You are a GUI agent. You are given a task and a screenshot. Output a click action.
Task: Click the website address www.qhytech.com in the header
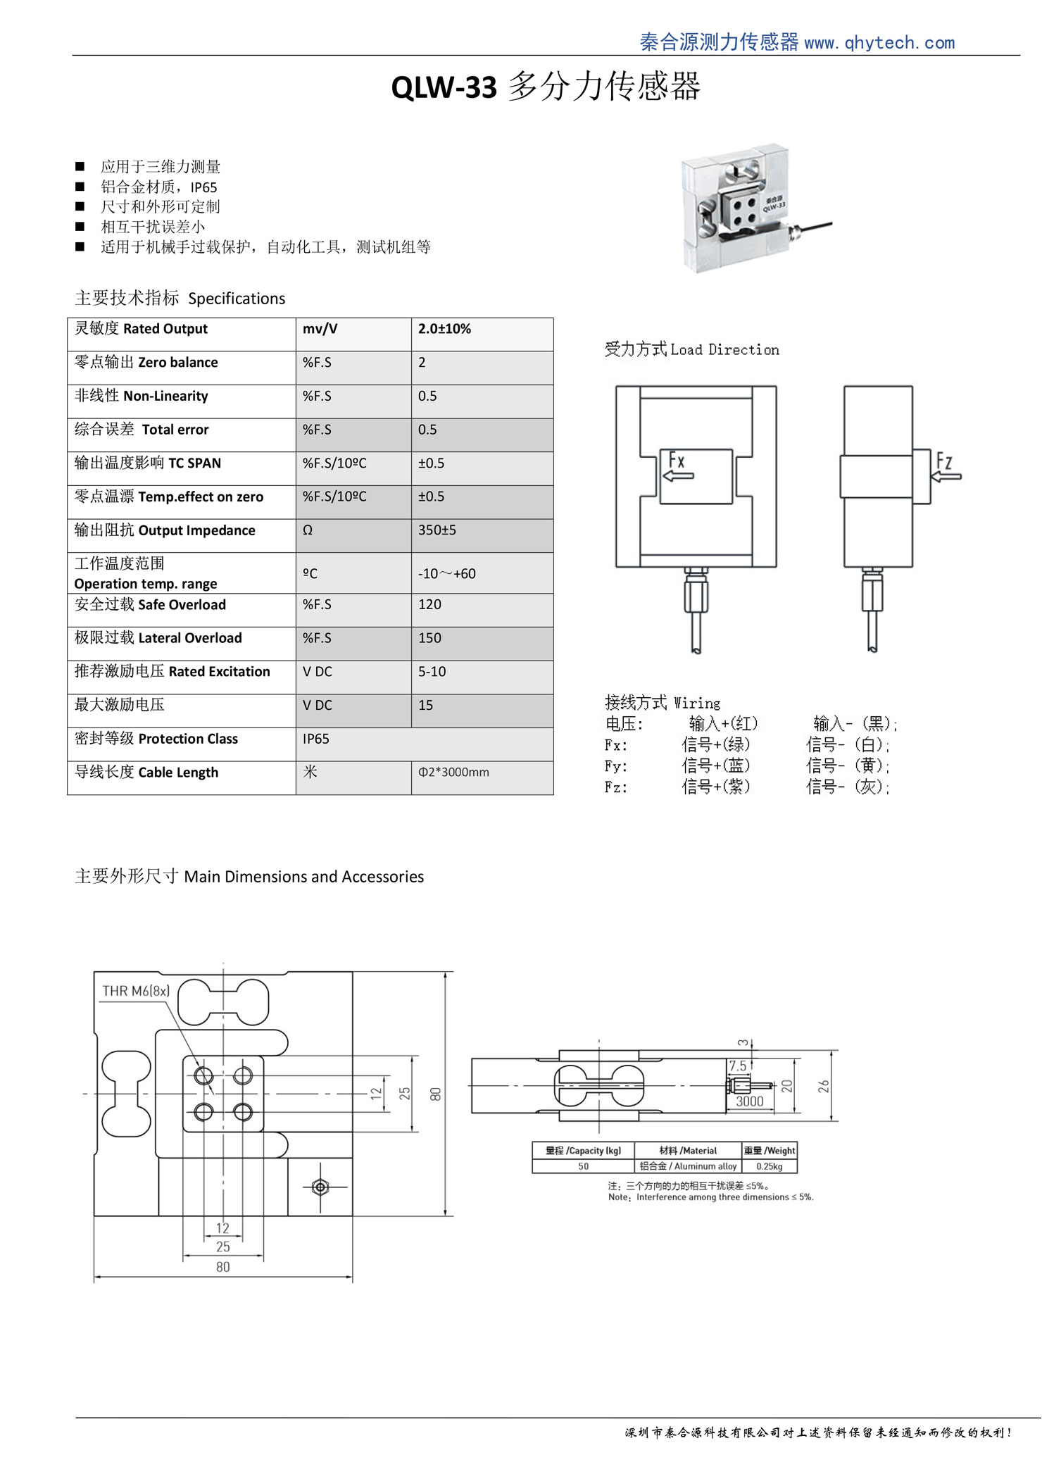pyautogui.click(x=879, y=43)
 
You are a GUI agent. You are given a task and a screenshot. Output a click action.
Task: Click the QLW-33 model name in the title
pyautogui.click(x=444, y=88)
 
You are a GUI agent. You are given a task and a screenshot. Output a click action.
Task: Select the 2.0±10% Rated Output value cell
pyautogui.click(x=445, y=329)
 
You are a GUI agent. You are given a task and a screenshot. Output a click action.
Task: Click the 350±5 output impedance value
pyautogui.click(x=437, y=530)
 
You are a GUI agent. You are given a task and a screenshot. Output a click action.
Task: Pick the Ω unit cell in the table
pyautogui.click(x=308, y=530)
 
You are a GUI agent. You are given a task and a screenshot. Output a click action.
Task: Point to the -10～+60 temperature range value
pyautogui.click(x=447, y=574)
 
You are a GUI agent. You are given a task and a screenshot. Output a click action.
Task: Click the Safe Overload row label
pyautogui.click(x=151, y=605)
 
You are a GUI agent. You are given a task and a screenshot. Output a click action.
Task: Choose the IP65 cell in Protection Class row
pyautogui.click(x=316, y=739)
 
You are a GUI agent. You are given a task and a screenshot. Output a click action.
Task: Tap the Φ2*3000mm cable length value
pyautogui.click(x=453, y=773)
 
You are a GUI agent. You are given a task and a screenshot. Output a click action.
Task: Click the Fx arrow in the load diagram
pyautogui.click(x=678, y=476)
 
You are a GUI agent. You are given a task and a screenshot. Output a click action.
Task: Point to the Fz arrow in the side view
pyautogui.click(x=946, y=477)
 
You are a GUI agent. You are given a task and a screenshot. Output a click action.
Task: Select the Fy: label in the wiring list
pyautogui.click(x=616, y=766)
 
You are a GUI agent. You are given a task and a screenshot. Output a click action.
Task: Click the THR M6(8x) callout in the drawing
pyautogui.click(x=136, y=991)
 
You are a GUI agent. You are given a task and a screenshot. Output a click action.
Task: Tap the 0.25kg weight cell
pyautogui.click(x=770, y=1166)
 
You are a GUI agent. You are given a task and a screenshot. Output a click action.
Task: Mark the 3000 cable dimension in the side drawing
pyautogui.click(x=749, y=1101)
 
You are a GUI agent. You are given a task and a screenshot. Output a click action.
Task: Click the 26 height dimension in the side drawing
pyautogui.click(x=824, y=1087)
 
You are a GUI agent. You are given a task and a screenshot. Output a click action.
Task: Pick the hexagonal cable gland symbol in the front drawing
pyautogui.click(x=320, y=1187)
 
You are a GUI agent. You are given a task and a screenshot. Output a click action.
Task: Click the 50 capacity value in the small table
pyautogui.click(x=583, y=1166)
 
